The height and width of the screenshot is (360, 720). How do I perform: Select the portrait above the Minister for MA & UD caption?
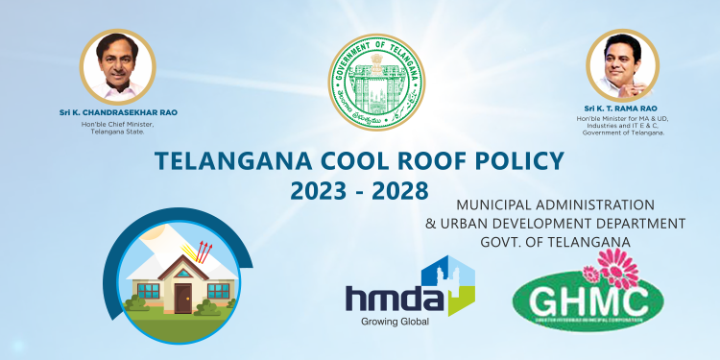(x=622, y=67)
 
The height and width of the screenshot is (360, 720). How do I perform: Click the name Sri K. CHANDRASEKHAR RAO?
(x=118, y=113)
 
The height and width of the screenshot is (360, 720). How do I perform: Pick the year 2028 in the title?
(x=398, y=190)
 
